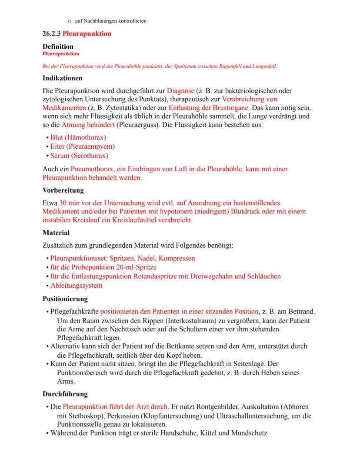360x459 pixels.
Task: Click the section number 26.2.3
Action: [x=52, y=33]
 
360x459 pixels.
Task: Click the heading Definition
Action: [x=58, y=47]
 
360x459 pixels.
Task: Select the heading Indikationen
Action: [x=63, y=79]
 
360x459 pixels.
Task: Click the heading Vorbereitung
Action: [x=63, y=190]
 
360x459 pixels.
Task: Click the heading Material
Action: [x=56, y=233]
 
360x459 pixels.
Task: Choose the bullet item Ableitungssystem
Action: [x=77, y=286]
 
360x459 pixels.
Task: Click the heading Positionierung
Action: [x=65, y=299]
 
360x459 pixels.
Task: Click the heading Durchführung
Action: [x=65, y=394]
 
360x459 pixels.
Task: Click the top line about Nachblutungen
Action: [x=110, y=21]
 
